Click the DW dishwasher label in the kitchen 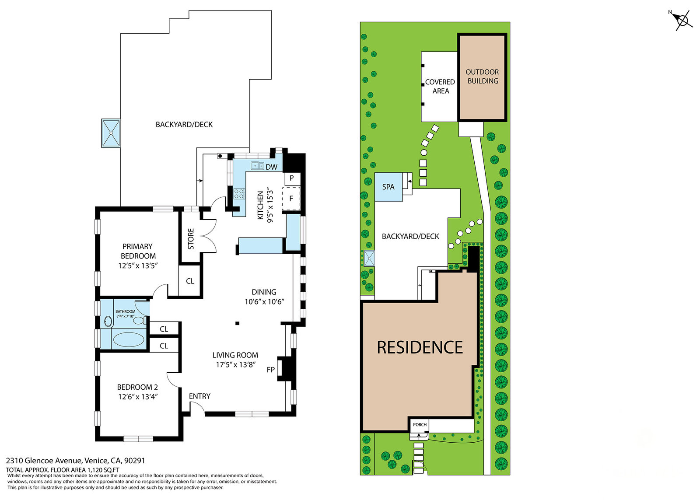271,167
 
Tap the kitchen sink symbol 257,165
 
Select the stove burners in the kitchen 239,194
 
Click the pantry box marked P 292,178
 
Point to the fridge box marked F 291,199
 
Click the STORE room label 191,239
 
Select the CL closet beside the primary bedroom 190,281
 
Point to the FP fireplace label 271,370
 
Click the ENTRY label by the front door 199,396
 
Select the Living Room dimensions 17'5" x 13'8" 236,365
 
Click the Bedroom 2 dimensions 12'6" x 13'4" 138,397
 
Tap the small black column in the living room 238,323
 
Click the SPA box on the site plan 388,187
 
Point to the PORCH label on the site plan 420,425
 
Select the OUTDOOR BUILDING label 483,77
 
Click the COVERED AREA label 440,87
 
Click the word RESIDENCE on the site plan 420,347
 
